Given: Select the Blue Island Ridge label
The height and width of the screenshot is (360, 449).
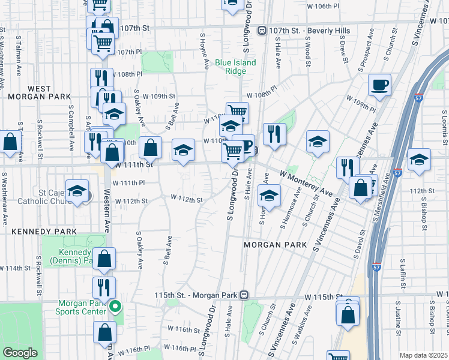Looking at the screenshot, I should [236, 67].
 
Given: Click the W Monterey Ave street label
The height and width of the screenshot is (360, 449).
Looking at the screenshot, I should [306, 182].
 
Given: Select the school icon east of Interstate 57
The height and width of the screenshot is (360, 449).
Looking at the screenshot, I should [419, 161].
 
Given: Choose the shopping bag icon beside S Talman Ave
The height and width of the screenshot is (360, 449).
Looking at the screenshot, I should [10, 143].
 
